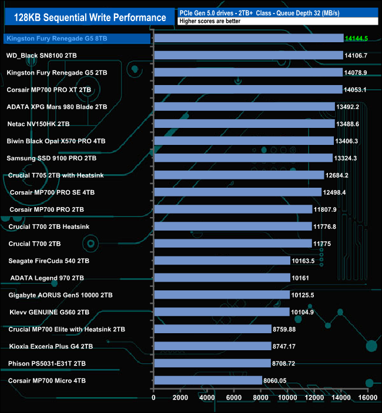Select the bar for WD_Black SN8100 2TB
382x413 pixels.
coord(247,55)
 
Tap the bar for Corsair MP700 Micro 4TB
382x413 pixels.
coord(207,380)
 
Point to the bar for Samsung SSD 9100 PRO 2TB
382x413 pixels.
coord(243,158)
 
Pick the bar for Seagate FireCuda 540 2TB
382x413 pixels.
coord(222,260)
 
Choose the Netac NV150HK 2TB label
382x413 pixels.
coord(38,124)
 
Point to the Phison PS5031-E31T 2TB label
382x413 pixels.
coord(48,363)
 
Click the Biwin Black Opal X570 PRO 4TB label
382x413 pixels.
coord(56,141)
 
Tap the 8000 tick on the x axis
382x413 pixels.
coord(260,399)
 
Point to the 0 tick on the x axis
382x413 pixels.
coord(154,399)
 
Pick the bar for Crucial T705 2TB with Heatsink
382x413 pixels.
coord(239,175)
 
